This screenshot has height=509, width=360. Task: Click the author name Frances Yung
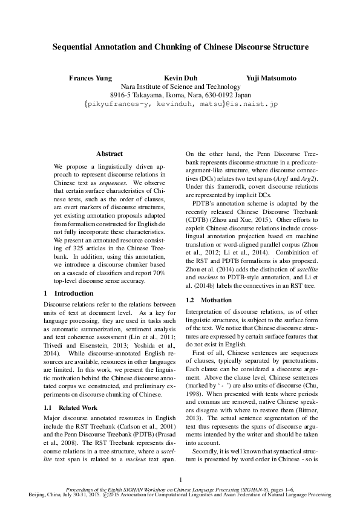click(x=91, y=79)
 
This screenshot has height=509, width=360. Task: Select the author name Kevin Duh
click(x=180, y=79)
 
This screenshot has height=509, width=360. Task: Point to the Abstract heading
click(x=110, y=154)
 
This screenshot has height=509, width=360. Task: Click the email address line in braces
click(x=180, y=105)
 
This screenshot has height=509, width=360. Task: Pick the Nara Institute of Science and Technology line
click(x=180, y=87)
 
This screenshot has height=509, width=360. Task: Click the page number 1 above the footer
click(x=180, y=480)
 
